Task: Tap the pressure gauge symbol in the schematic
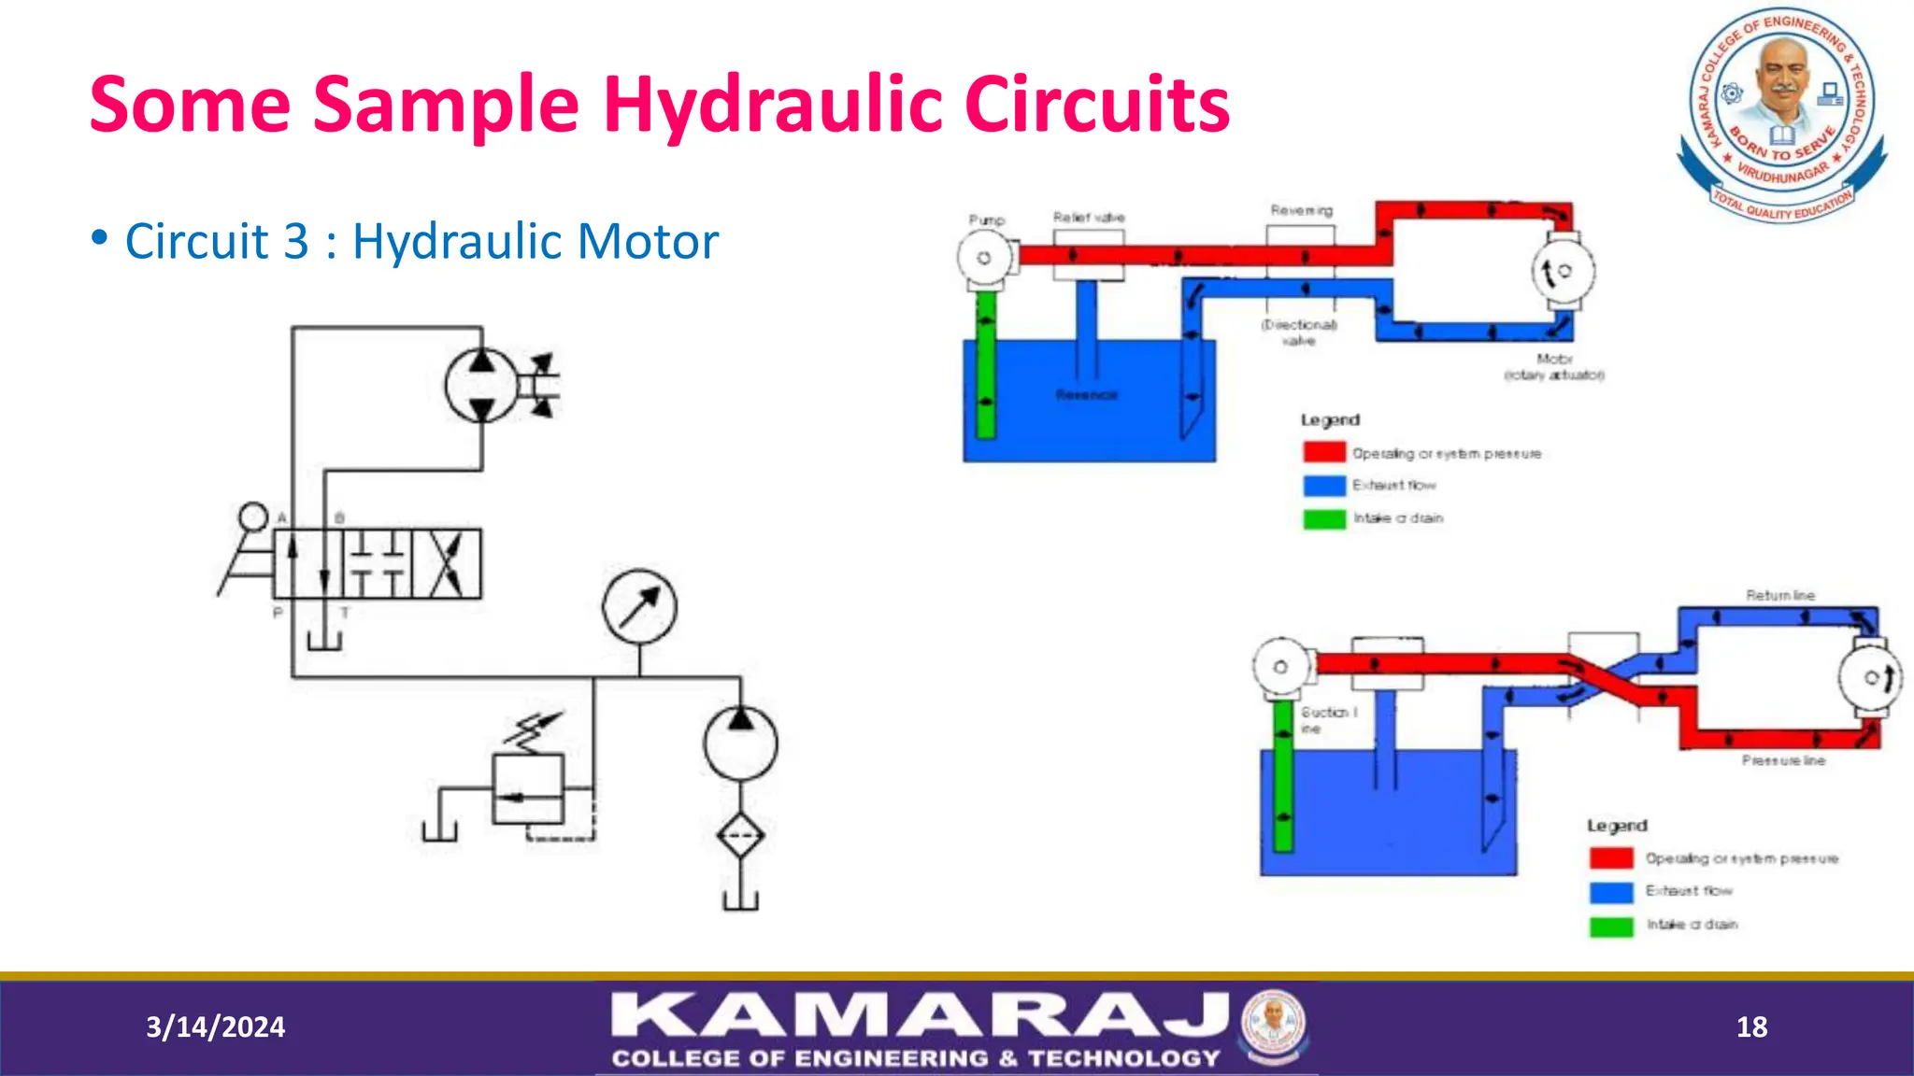point(640,607)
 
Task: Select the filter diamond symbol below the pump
point(740,835)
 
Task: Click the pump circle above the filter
point(740,743)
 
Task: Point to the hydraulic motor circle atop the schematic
point(482,386)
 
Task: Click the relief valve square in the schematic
point(528,788)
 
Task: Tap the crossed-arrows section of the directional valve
point(447,564)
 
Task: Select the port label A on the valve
point(282,517)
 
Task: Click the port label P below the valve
point(278,613)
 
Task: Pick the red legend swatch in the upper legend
point(1324,453)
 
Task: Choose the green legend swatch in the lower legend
point(1611,926)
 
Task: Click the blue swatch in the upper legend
point(1324,486)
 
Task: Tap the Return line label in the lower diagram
point(1779,595)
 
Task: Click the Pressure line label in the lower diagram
point(1783,760)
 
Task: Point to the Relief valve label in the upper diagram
point(1089,218)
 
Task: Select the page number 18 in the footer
point(1751,1027)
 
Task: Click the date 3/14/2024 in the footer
point(215,1027)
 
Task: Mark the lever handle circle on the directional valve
point(253,517)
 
